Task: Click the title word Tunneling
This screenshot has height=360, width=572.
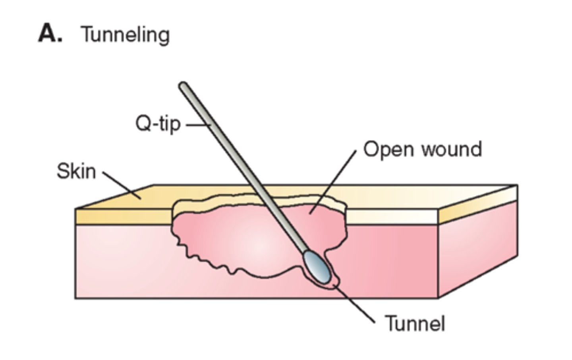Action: (125, 35)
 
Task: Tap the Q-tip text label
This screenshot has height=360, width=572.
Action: (158, 124)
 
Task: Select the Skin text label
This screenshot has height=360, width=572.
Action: (76, 172)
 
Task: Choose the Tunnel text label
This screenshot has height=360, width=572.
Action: (415, 323)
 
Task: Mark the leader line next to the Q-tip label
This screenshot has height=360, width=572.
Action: (197, 125)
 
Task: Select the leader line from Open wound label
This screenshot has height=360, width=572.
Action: (334, 181)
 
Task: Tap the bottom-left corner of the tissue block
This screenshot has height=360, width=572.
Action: (75, 298)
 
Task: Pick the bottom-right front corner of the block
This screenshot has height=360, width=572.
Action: (438, 298)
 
